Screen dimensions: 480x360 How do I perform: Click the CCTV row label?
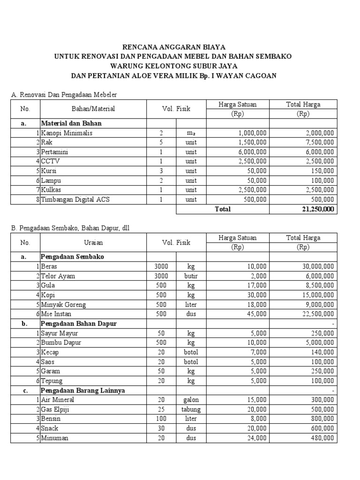tap(51, 161)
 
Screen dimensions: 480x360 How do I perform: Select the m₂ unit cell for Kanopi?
tap(191, 133)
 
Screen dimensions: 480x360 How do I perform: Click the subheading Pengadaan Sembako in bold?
tap(73, 257)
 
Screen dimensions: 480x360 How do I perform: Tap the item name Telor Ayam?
tap(58, 276)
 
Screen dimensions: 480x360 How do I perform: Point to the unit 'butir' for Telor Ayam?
tap(191, 276)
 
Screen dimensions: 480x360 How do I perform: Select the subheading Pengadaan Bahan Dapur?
tap(79, 323)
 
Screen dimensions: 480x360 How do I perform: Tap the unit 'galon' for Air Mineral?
tap(191, 400)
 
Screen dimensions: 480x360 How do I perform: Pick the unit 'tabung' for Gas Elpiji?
tap(191, 409)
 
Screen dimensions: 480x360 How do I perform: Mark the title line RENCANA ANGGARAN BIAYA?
tap(174, 47)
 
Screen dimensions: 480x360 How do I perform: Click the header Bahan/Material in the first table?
tap(93, 109)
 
